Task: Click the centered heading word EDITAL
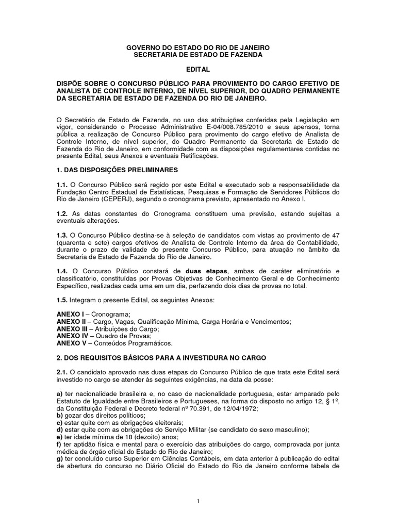[198, 69]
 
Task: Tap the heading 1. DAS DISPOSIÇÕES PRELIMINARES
[117, 170]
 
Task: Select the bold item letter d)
[59, 430]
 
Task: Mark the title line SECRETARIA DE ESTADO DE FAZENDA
[198, 55]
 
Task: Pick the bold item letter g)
[59, 458]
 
